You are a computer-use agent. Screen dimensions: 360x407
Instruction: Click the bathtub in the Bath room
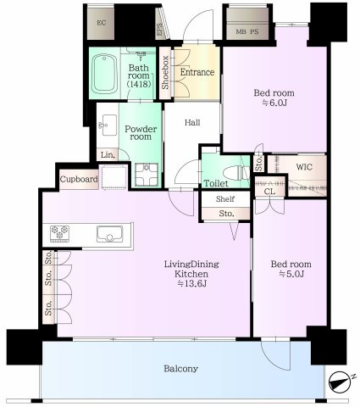coord(105,74)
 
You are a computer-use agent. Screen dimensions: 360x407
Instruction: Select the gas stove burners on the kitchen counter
coord(59,233)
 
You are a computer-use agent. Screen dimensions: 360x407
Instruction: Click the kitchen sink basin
coord(110,234)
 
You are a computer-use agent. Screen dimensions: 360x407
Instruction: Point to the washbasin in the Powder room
coord(108,125)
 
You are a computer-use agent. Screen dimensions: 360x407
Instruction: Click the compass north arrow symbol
coord(341,382)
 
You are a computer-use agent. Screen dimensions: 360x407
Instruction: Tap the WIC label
coord(304,167)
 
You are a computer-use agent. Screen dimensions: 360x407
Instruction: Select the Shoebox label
coord(165,73)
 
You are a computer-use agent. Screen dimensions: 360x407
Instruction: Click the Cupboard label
coord(79,179)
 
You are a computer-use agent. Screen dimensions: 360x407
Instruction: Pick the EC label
coord(102,23)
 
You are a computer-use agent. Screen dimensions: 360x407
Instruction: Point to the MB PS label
coord(247,31)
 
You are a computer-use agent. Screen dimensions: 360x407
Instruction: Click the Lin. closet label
coord(108,155)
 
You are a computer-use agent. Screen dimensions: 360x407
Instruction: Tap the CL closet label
coord(269,192)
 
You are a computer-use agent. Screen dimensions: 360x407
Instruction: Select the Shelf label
coord(225,199)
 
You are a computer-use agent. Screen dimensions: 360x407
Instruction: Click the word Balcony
coord(180,369)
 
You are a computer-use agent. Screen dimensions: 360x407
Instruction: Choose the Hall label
coord(192,122)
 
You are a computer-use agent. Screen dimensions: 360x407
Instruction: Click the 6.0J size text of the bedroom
coord(274,103)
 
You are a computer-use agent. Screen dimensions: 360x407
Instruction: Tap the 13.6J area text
coord(192,283)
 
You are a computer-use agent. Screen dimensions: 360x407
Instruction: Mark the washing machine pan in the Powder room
coord(147,176)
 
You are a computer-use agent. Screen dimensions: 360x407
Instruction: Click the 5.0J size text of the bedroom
coord(291,274)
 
